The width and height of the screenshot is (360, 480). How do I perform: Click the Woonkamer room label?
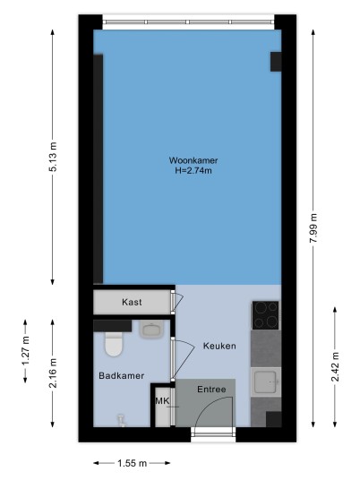click(193, 160)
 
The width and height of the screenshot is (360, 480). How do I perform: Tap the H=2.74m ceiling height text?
click(193, 170)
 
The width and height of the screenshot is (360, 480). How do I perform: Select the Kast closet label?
click(132, 302)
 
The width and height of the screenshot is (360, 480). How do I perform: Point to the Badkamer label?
click(122, 375)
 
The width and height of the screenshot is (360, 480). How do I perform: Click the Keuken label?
click(219, 346)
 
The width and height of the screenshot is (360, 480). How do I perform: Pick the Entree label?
click(211, 390)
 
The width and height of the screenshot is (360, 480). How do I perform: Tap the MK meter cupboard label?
click(162, 400)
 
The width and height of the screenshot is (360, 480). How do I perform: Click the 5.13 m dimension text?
click(53, 157)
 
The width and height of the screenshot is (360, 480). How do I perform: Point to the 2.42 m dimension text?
click(335, 367)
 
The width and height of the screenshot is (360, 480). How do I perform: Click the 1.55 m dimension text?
click(133, 463)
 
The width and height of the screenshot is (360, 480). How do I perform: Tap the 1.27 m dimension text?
click(25, 351)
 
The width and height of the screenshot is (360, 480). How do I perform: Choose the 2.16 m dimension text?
click(53, 373)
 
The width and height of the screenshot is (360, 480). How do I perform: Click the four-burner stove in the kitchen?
click(265, 315)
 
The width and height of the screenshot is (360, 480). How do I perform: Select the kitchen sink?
click(266, 382)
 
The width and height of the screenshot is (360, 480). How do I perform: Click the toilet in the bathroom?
click(114, 344)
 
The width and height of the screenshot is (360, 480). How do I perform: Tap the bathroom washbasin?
click(152, 330)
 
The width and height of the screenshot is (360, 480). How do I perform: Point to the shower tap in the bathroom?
click(122, 421)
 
